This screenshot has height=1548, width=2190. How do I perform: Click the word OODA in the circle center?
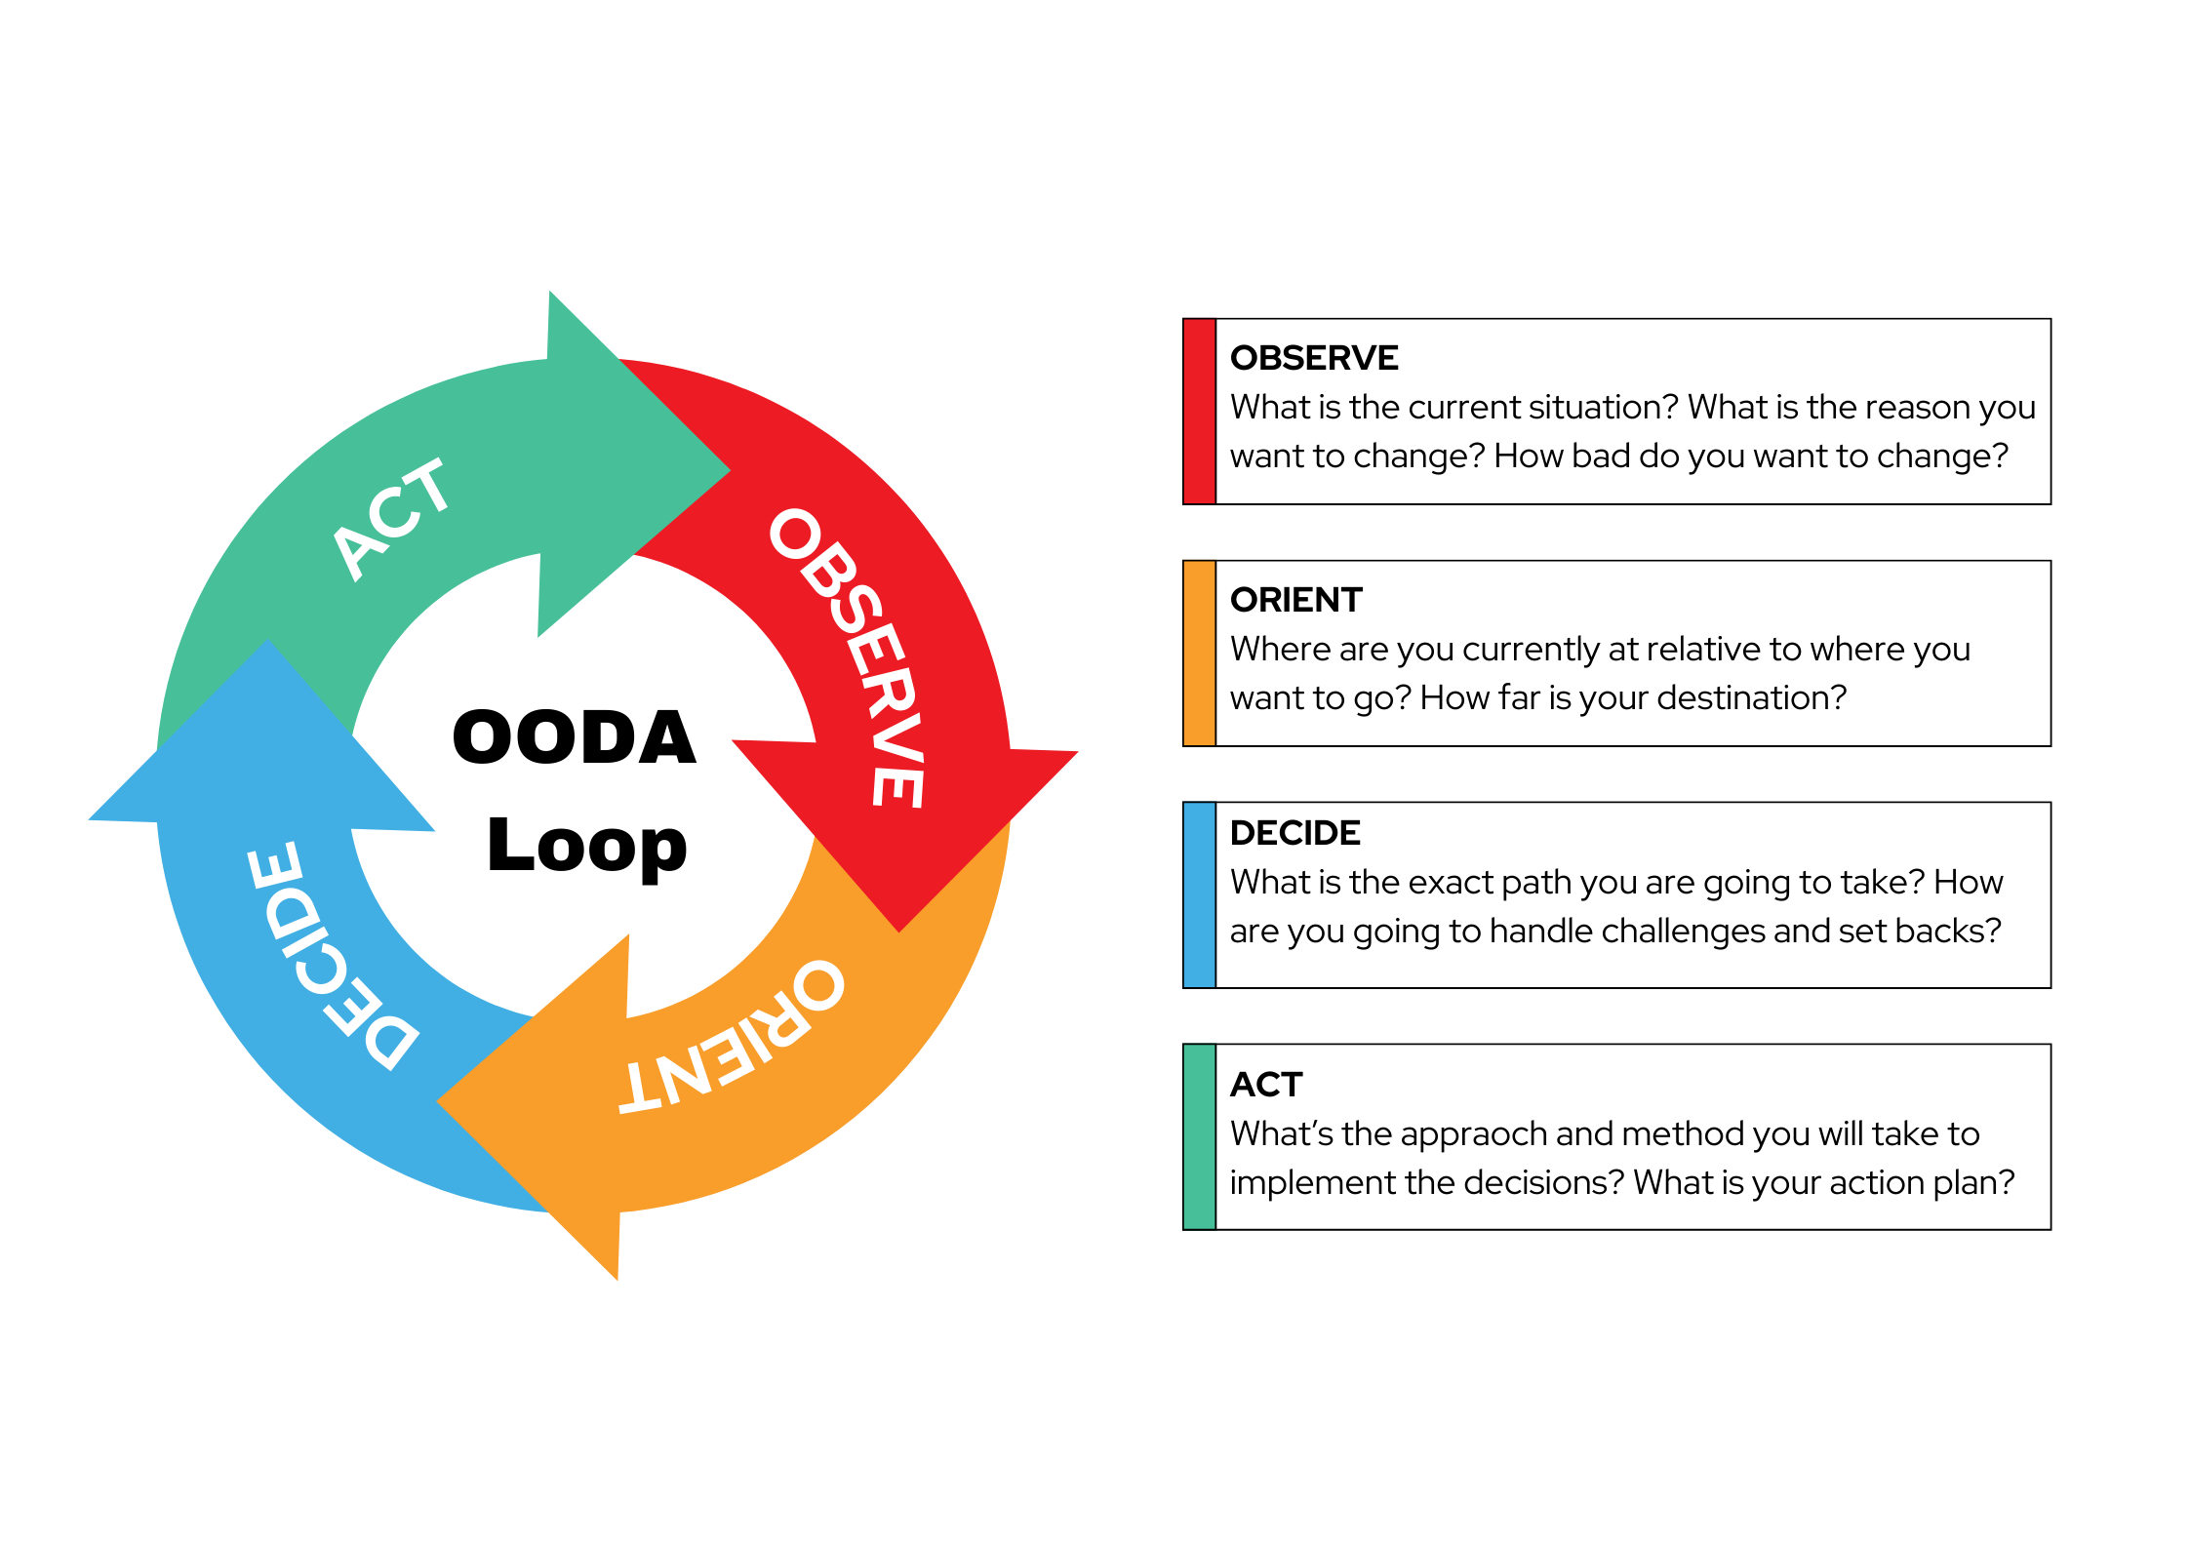(575, 737)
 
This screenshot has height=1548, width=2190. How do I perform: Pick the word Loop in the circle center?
(587, 845)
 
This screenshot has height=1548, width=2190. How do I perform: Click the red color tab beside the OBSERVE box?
(1199, 412)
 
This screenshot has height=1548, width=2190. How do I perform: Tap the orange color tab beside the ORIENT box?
(1199, 654)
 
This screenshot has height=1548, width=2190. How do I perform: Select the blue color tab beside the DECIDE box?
(1199, 895)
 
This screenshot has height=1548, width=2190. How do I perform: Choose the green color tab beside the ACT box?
(1199, 1137)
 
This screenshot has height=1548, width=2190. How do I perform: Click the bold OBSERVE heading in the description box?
(1314, 358)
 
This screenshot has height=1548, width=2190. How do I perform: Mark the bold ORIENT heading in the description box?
(1295, 600)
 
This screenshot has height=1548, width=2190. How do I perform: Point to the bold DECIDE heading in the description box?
(1294, 833)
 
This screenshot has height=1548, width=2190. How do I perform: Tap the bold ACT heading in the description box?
(1266, 1085)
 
